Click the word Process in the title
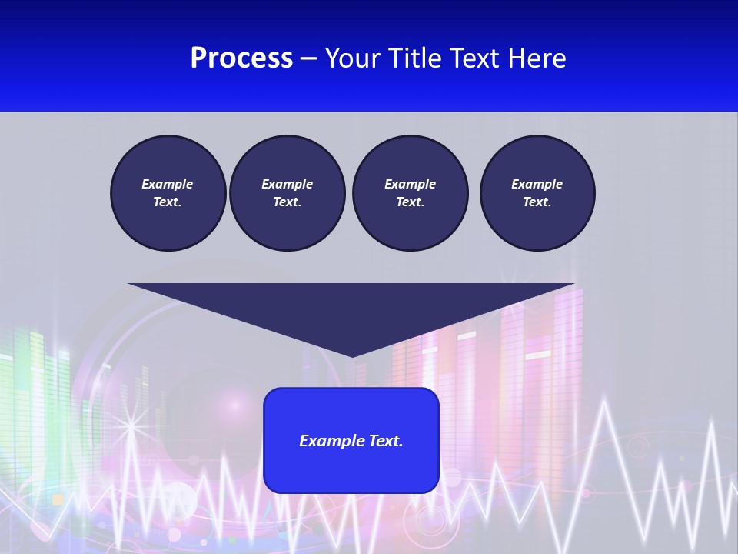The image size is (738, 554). pyautogui.click(x=241, y=58)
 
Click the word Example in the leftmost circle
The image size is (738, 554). pyautogui.click(x=167, y=184)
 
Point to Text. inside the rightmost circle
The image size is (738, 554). pyautogui.click(x=537, y=202)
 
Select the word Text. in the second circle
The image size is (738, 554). pyautogui.click(x=287, y=202)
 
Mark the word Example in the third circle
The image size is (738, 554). pyautogui.click(x=410, y=184)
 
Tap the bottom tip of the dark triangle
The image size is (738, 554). pyautogui.click(x=351, y=355)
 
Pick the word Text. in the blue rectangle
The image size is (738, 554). pyautogui.click(x=386, y=441)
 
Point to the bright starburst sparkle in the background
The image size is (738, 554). pyautogui.click(x=131, y=424)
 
